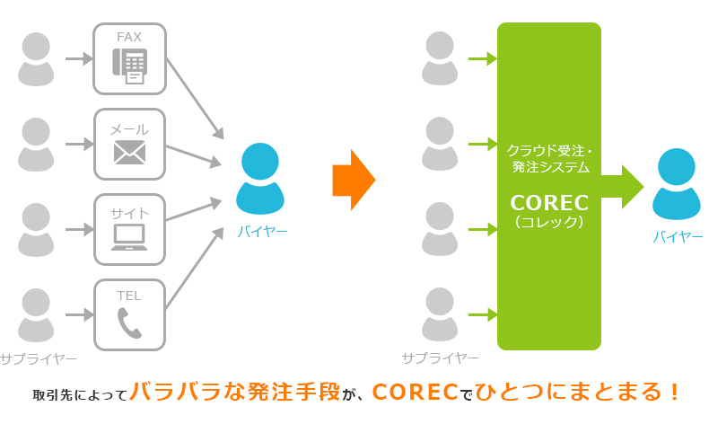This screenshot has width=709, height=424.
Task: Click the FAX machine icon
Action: [x=130, y=66]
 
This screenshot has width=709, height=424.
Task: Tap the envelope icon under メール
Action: [x=130, y=153]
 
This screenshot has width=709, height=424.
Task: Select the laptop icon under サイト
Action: [x=130, y=237]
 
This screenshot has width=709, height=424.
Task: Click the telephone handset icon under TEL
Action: [x=130, y=322]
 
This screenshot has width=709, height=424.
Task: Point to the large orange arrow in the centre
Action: [x=353, y=180]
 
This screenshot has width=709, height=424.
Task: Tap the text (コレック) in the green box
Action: [x=548, y=222]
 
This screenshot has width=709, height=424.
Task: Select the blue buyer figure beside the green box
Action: [x=678, y=184]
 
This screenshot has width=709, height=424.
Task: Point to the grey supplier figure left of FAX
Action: [x=37, y=58]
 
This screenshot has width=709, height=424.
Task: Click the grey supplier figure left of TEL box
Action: [x=37, y=314]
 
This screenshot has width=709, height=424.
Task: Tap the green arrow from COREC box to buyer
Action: [x=622, y=186]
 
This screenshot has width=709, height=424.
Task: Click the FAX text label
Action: [x=130, y=37]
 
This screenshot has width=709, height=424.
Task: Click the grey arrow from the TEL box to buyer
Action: [x=194, y=270]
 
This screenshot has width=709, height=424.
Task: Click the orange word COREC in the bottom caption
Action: [x=414, y=393]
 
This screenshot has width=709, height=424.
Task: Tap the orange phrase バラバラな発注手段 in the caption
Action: [x=235, y=393]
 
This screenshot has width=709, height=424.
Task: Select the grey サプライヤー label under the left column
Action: [x=39, y=359]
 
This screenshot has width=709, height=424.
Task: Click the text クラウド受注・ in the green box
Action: [x=548, y=149]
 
